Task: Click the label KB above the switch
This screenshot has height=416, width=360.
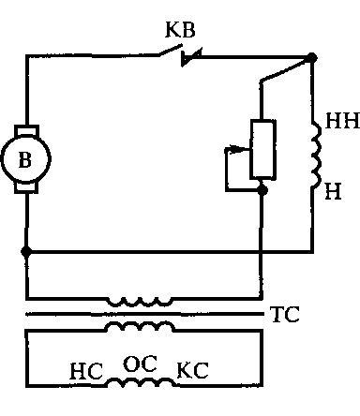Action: pyautogui.click(x=180, y=30)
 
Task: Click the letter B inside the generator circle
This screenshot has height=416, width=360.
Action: pyautogui.click(x=25, y=159)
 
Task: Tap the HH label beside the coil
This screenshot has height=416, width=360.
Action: pyautogui.click(x=342, y=121)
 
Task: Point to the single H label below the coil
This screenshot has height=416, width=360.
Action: pyautogui.click(x=333, y=191)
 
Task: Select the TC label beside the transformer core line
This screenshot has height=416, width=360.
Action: pyautogui.click(x=286, y=314)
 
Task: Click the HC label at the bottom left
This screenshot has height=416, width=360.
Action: pyautogui.click(x=86, y=371)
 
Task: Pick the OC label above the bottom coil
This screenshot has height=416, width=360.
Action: pyautogui.click(x=140, y=364)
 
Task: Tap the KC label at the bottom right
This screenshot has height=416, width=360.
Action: pyautogui.click(x=192, y=370)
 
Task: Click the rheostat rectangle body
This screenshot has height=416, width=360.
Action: pyautogui.click(x=262, y=150)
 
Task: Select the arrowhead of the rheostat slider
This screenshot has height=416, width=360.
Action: pyautogui.click(x=237, y=149)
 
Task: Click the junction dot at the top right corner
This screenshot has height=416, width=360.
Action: pyautogui.click(x=311, y=58)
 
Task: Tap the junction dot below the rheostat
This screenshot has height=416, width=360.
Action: pyautogui.click(x=262, y=190)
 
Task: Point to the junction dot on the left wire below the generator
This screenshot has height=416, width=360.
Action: pyautogui.click(x=26, y=251)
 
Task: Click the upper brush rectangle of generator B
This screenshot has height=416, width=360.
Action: pyautogui.click(x=27, y=131)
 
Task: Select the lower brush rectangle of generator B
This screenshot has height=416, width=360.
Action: pyautogui.click(x=26, y=187)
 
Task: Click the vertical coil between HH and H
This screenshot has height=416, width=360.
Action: pyautogui.click(x=316, y=155)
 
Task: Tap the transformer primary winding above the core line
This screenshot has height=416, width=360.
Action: pyautogui.click(x=140, y=302)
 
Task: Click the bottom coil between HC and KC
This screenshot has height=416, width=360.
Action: pyautogui.click(x=140, y=382)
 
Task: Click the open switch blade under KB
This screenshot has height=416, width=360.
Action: pyautogui.click(x=171, y=51)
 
